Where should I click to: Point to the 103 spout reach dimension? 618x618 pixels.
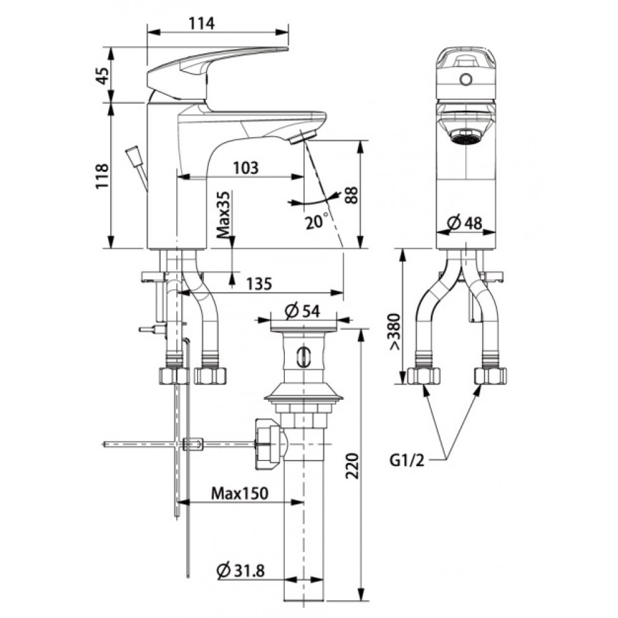point(246,167)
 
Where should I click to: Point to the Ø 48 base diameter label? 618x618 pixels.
point(465,222)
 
